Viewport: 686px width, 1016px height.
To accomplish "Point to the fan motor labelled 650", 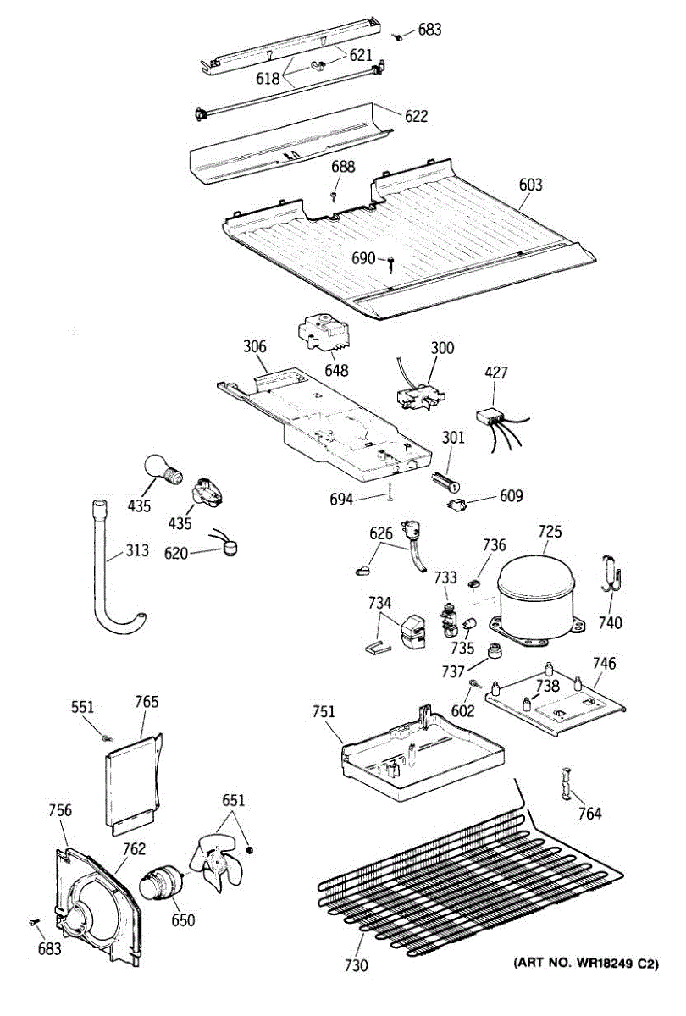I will pos(162,883).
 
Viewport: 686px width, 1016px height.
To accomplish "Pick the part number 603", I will pos(530,185).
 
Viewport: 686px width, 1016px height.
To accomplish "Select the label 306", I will pos(254,346).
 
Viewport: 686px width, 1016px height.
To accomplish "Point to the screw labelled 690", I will pos(391,265).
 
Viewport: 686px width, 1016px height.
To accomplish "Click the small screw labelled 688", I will pos(335,195).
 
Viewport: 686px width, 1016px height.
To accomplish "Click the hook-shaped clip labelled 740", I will pos(611,575).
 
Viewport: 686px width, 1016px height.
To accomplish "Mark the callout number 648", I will pos(337,370).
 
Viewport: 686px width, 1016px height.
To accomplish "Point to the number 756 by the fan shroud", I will pos(59,810).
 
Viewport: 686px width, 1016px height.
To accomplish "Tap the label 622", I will pos(416,117).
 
